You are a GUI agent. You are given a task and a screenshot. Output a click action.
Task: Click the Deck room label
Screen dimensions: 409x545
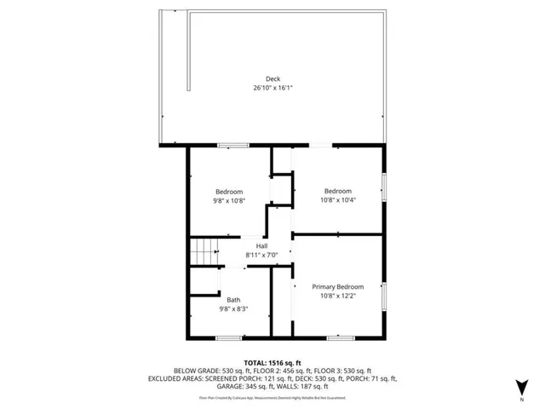pyautogui.click(x=272, y=78)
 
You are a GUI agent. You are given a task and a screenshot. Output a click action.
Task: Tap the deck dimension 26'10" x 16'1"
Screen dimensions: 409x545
pyautogui.click(x=272, y=88)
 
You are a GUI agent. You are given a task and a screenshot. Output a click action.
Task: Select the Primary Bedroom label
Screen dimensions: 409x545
pyautogui.click(x=338, y=286)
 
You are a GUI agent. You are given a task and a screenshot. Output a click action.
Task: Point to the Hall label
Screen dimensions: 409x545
pyautogui.click(x=262, y=246)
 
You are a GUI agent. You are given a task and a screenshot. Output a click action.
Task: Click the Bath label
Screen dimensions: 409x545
pyautogui.click(x=233, y=299)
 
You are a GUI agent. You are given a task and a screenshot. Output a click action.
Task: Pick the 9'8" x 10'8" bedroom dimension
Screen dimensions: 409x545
pyautogui.click(x=229, y=201)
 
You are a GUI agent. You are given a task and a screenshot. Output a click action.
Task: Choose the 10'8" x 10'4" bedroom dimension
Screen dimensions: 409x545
pyautogui.click(x=338, y=201)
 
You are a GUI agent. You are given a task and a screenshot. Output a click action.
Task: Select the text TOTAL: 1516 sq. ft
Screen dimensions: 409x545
pyautogui.click(x=272, y=362)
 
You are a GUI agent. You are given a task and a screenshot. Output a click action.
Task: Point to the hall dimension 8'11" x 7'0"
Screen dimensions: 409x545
pyautogui.click(x=262, y=256)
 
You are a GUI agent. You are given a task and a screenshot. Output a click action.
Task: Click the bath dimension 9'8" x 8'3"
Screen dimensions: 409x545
pyautogui.click(x=233, y=308)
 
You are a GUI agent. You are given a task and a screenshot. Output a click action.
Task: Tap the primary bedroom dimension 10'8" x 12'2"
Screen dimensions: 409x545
pyautogui.click(x=338, y=297)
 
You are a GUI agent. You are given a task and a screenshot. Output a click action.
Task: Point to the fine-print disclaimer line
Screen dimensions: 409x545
pyautogui.click(x=272, y=397)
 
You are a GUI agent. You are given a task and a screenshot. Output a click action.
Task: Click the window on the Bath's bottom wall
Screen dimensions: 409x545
pyautogui.click(x=228, y=338)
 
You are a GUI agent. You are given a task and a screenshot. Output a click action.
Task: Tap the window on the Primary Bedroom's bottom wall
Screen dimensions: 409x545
pyautogui.click(x=341, y=338)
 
